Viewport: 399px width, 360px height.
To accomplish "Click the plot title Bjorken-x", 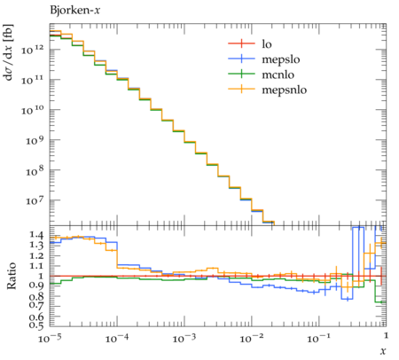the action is (x=75, y=11).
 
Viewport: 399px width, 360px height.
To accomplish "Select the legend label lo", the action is (x=267, y=44).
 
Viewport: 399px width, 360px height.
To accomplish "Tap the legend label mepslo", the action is (x=281, y=59).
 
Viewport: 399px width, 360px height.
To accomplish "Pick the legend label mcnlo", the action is (x=278, y=74).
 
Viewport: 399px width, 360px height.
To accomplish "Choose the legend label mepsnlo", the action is (x=285, y=90).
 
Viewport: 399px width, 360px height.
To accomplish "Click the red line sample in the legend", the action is (x=241, y=43).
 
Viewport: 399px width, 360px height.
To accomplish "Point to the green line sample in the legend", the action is (x=241, y=74).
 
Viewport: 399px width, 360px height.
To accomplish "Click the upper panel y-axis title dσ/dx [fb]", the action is (x=8, y=52).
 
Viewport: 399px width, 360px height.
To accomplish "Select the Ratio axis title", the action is (x=12, y=276).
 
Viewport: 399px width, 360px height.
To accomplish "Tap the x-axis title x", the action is (x=383, y=351).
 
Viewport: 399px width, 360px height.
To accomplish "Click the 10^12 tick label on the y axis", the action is (x=33, y=50).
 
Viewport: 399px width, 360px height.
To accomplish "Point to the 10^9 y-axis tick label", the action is (x=35, y=140).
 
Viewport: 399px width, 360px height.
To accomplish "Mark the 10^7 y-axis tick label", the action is (x=35, y=200).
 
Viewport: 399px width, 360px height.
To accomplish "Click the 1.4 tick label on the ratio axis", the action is (x=36, y=235).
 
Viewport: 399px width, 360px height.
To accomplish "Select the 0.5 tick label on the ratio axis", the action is (x=36, y=325).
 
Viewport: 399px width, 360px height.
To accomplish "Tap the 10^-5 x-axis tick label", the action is (x=50, y=338).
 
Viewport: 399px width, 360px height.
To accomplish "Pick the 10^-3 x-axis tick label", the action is (x=184, y=338).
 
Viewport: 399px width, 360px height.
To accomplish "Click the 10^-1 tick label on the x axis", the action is (x=318, y=338).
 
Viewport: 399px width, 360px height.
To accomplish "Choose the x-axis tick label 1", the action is (x=386, y=336).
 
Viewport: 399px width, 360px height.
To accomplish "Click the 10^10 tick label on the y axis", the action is (x=33, y=110).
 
